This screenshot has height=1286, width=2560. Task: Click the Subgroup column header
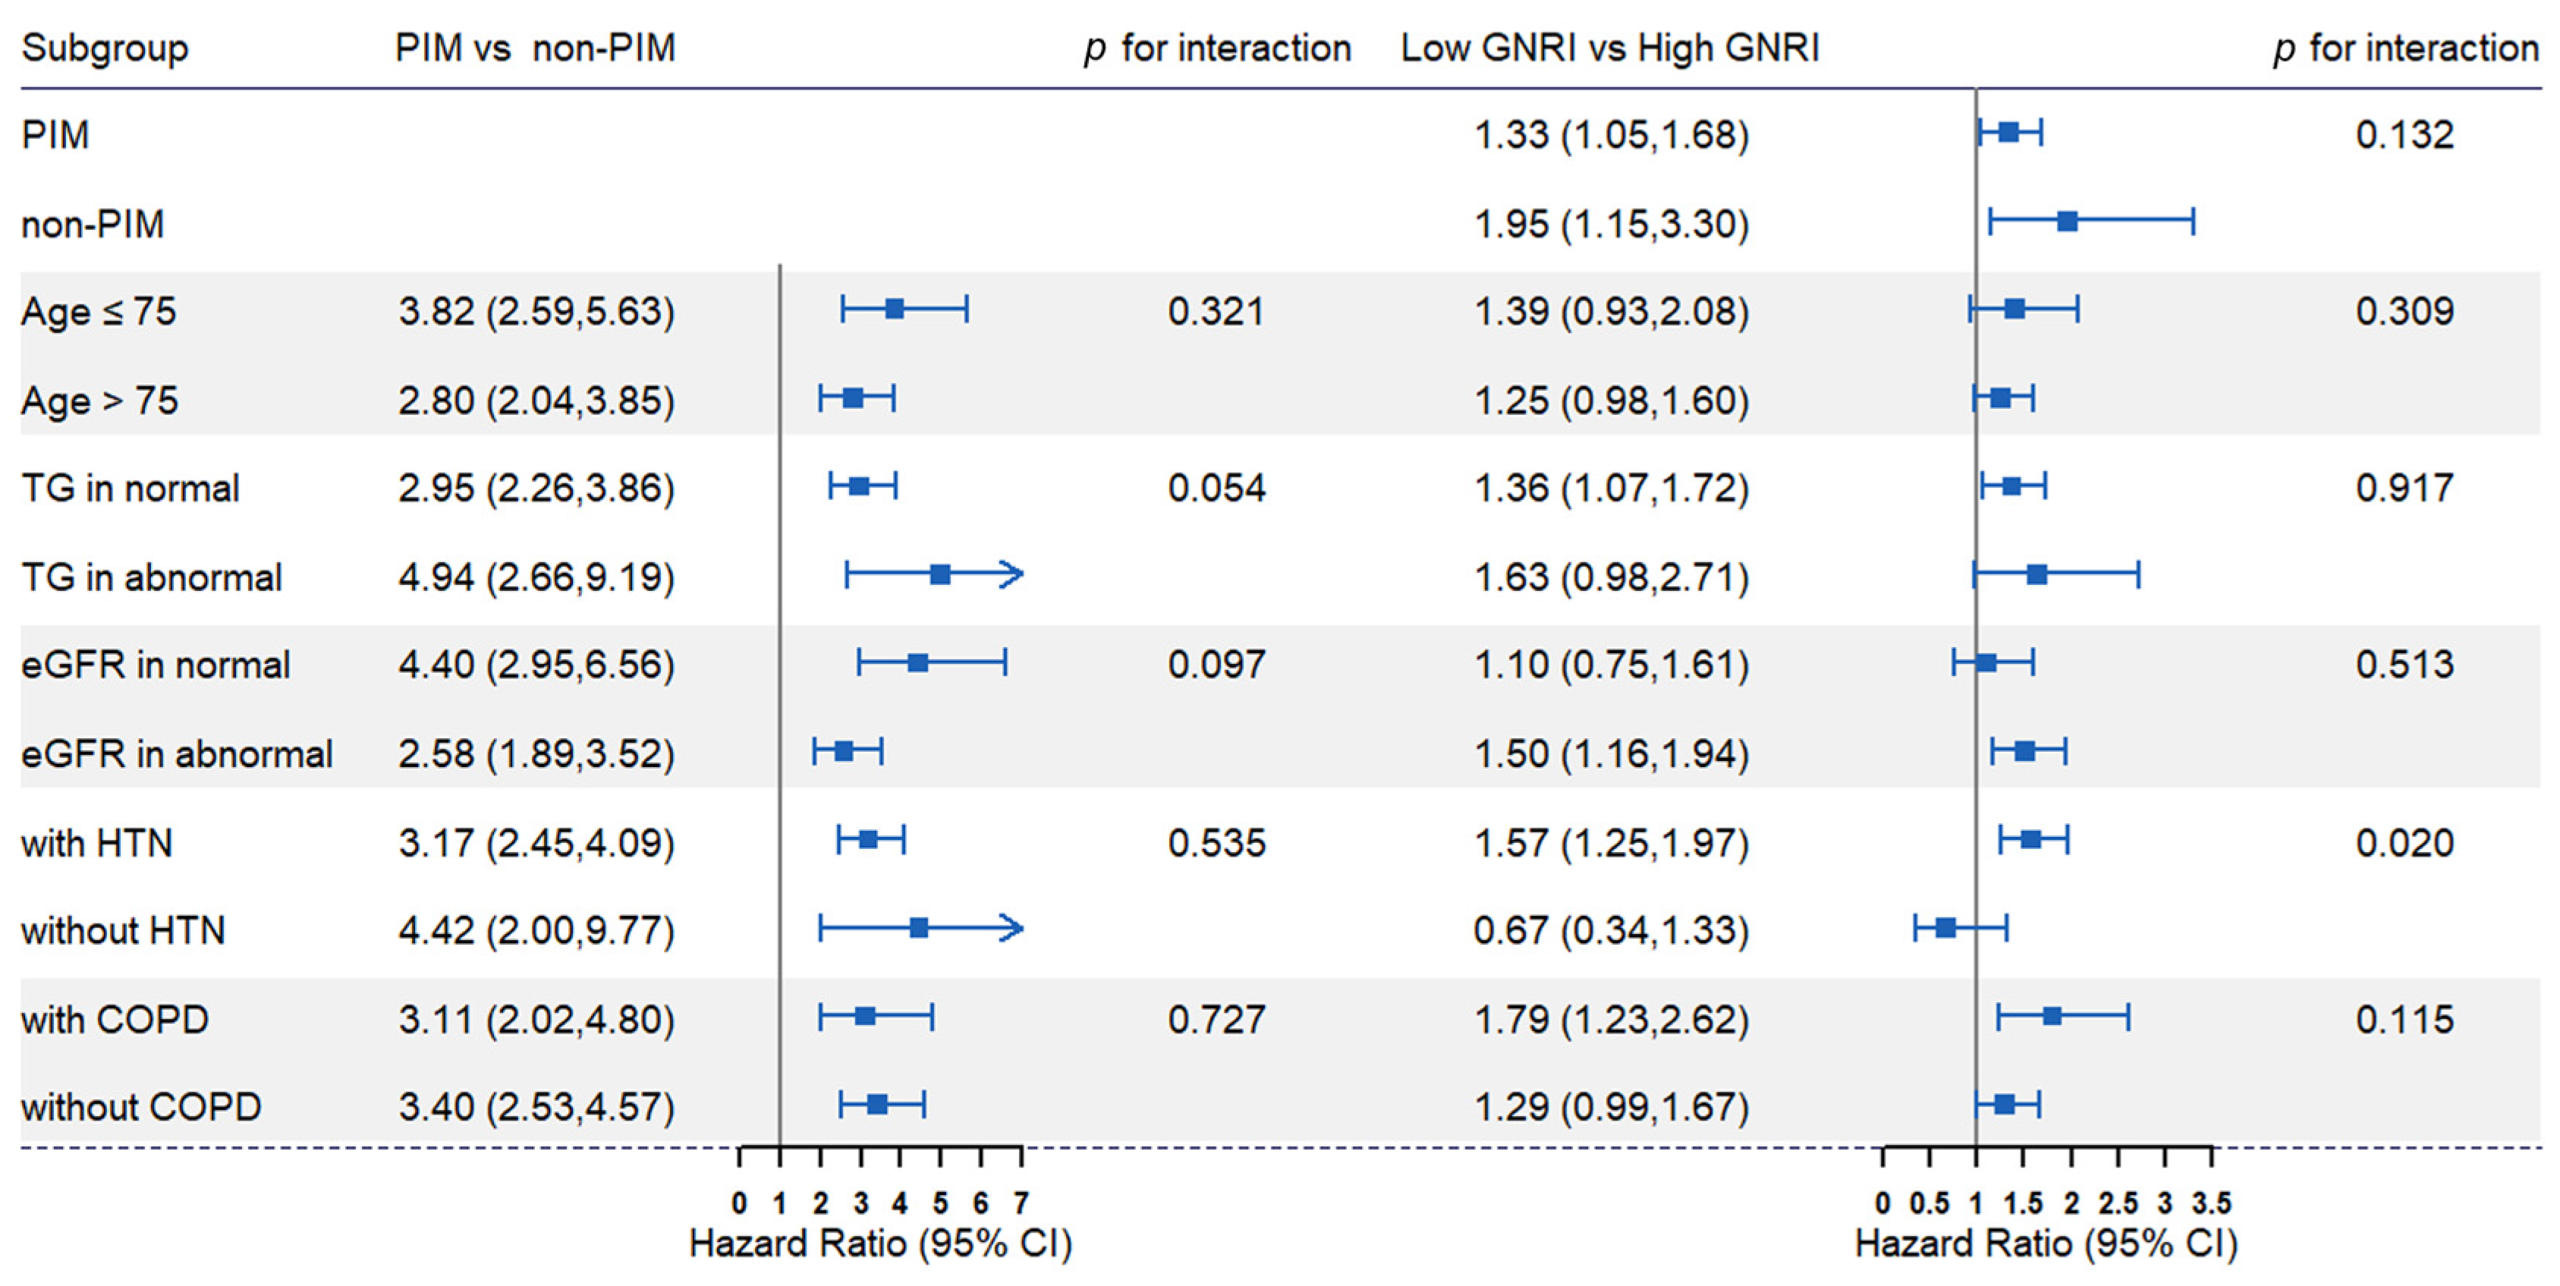(105, 49)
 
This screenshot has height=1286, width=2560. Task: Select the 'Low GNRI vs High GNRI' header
(1610, 48)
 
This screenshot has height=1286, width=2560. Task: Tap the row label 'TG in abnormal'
(151, 577)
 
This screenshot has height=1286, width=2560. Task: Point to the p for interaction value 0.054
(1216, 488)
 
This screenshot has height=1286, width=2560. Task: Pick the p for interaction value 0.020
(2404, 843)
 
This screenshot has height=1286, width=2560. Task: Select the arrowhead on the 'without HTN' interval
(1013, 928)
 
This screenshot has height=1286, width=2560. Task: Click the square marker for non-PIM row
(2067, 221)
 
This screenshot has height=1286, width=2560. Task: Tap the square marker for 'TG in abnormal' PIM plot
(940, 574)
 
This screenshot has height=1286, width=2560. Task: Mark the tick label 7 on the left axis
(1021, 1203)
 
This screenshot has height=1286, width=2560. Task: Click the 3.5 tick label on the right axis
(2212, 1203)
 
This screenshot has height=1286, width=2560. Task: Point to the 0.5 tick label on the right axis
(1929, 1203)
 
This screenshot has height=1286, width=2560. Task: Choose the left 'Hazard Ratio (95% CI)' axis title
(880, 1244)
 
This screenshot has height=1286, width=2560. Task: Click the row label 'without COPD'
(141, 1107)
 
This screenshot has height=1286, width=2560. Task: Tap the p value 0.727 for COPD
(1216, 1020)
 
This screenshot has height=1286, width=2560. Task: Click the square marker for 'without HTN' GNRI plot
(1946, 928)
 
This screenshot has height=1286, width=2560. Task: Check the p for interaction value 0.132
(2404, 135)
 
